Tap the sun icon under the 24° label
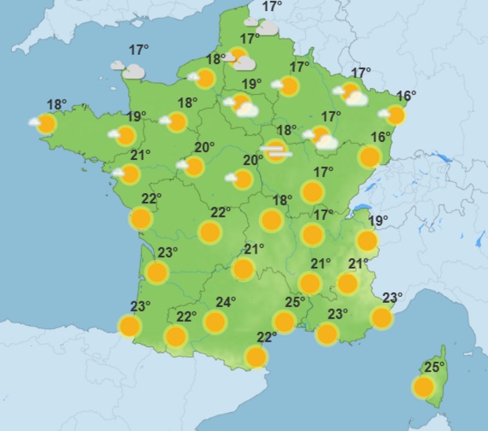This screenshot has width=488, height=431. coord(214,321)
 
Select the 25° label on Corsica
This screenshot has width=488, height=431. coord(435,367)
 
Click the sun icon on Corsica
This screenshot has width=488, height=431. coord(424,386)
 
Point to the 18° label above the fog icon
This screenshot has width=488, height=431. coord(286,130)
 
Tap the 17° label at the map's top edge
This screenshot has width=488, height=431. coord(271,7)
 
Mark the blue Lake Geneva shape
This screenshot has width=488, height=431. coord(363,207)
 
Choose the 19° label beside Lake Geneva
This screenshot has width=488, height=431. coord(378,221)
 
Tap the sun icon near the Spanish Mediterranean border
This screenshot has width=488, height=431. coord(256,357)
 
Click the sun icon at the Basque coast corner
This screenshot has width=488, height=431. coord(129,326)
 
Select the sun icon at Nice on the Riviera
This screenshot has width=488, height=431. coord(381,317)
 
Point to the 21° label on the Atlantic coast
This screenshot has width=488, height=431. coord(140,155)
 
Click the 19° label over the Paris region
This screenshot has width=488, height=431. coord(251,85)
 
